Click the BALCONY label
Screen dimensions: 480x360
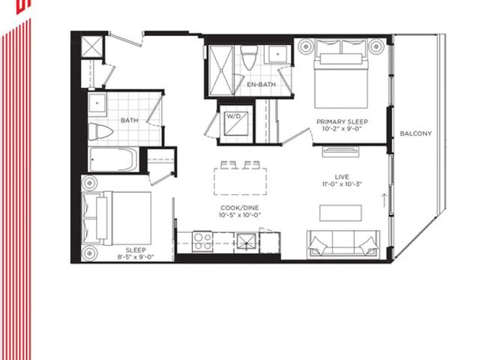pyautogui.click(x=415, y=133)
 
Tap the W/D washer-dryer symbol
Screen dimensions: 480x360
pyautogui.click(x=236, y=123)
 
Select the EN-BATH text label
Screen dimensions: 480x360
pyautogui.click(x=261, y=85)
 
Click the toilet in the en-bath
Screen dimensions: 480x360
pyautogui.click(x=248, y=57)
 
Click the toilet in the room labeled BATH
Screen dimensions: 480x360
pyautogui.click(x=100, y=132)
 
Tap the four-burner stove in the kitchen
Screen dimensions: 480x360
pyautogui.click(x=202, y=241)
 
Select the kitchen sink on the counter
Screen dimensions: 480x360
pyautogui.click(x=247, y=242)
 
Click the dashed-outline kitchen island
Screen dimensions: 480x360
pyautogui.click(x=240, y=181)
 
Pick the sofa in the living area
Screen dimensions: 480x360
pyautogui.click(x=343, y=244)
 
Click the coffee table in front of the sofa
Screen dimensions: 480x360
pyautogui.click(x=340, y=213)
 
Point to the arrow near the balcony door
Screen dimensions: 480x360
pyautogui.click(x=383, y=200)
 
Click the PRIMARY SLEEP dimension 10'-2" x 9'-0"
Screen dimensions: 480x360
pyautogui.click(x=342, y=129)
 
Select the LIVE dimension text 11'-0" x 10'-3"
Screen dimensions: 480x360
pyautogui.click(x=342, y=184)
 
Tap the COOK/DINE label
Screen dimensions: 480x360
pyautogui.click(x=240, y=208)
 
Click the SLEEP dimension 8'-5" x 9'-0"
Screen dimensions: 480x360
pyautogui.click(x=136, y=256)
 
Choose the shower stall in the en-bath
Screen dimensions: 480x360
pyautogui.click(x=221, y=70)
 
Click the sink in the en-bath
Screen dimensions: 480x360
pyautogui.click(x=278, y=54)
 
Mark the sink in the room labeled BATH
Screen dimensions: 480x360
pyautogui.click(x=97, y=103)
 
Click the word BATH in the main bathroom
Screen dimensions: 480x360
pyautogui.click(x=130, y=120)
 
